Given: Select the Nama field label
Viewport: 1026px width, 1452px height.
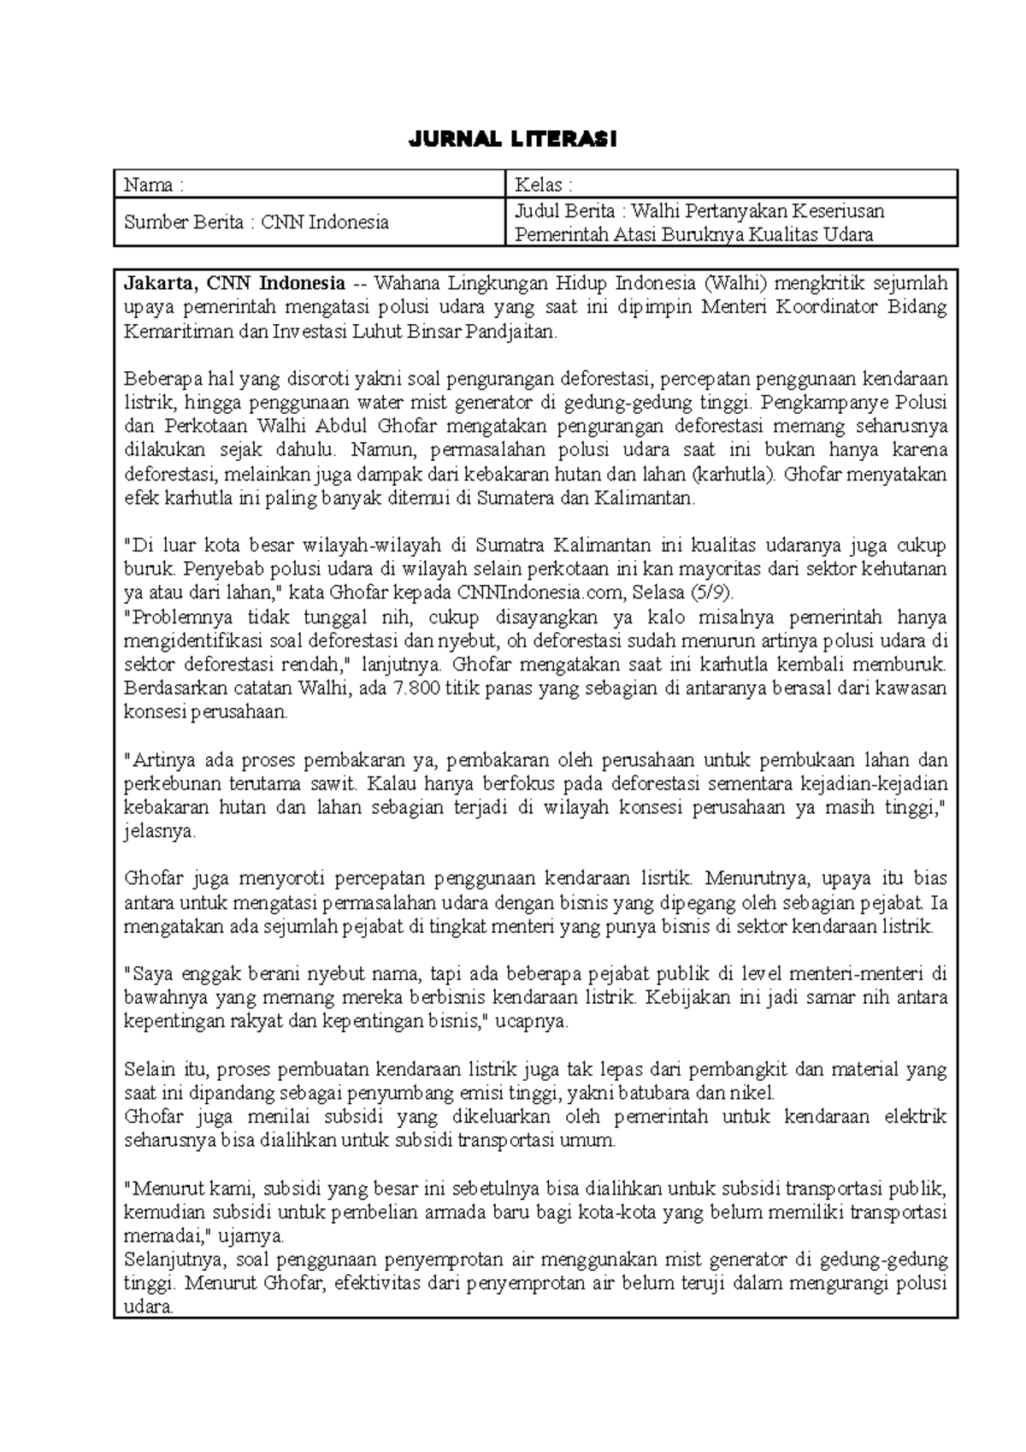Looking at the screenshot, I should point(154,185).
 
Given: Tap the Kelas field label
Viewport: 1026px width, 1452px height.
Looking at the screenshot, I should point(543,185).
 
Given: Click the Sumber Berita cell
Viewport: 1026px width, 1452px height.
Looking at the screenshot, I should point(256,223).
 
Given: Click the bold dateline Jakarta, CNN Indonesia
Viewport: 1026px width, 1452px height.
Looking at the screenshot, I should point(235,284).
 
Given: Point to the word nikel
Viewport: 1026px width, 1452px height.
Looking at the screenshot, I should point(753,1093).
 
